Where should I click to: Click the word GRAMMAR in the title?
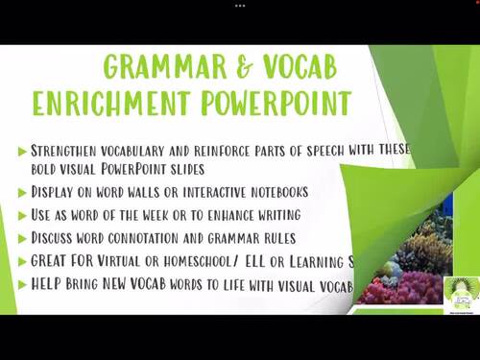click(x=152, y=68)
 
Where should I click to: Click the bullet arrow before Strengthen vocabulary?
click(x=21, y=150)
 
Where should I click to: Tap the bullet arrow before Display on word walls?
click(x=21, y=192)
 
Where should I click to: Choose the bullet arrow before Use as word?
click(x=21, y=215)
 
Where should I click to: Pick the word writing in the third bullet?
click(x=273, y=215)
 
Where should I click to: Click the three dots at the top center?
click(x=240, y=4)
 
